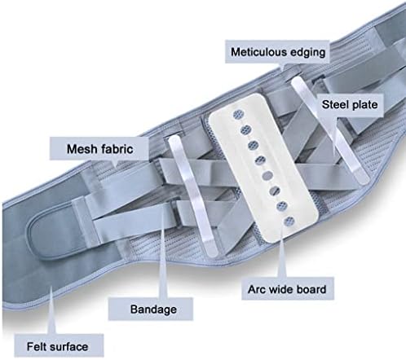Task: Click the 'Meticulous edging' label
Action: pyautogui.click(x=278, y=52)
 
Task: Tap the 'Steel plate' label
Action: pyautogui.click(x=350, y=105)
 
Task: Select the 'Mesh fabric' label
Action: pyautogui.click(x=99, y=149)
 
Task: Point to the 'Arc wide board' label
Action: pyautogui.click(x=287, y=289)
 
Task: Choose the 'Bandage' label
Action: pyautogui.click(x=153, y=310)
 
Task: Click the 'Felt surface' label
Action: pyautogui.click(x=57, y=347)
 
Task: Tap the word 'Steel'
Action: pyautogui.click(x=334, y=104)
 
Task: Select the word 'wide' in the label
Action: pyautogui.click(x=281, y=289)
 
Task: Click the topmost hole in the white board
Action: pyautogui.click(x=237, y=115)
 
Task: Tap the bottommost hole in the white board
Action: pyautogui.click(x=289, y=222)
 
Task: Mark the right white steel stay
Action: pyautogui.click(x=332, y=130)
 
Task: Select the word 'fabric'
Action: pyautogui.click(x=117, y=149)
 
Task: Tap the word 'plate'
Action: pyautogui.click(x=363, y=105)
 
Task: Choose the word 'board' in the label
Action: pyautogui.click(x=311, y=289)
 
